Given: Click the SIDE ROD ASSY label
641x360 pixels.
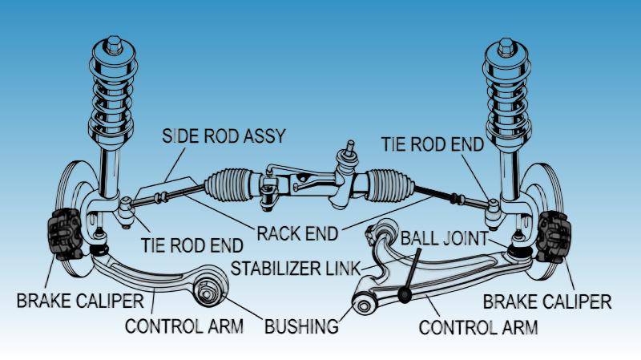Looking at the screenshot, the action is coord(224,136).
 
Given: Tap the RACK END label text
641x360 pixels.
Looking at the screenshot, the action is coord(297,233).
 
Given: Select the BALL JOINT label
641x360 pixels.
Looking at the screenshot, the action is coord(444,238).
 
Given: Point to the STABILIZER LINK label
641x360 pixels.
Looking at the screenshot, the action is coord(295,269).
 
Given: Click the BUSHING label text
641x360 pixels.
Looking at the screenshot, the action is coord(301,326).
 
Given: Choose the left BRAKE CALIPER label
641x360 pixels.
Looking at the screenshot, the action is coord(80,301).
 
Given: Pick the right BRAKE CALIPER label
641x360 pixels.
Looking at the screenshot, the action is coord(547,302).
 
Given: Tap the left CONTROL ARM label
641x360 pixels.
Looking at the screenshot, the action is coord(184,326).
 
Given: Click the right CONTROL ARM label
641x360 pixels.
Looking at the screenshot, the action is coord(478,328).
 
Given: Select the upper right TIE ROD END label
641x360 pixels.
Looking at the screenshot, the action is coord(433,144).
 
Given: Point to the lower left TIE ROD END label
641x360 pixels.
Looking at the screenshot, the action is coord(192,245).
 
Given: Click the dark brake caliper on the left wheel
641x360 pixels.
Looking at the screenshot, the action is coord(65,233).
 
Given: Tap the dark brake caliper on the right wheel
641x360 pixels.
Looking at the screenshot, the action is coord(554,237).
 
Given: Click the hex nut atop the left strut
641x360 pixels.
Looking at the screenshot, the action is coord(114,45).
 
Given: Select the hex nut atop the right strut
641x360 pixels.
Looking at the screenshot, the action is coord(506,47).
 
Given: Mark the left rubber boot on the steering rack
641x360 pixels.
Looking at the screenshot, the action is coord(228,185).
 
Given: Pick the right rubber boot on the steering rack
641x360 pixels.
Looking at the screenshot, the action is coord(389,186).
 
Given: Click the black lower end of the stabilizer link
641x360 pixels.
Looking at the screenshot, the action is coord(405,294).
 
